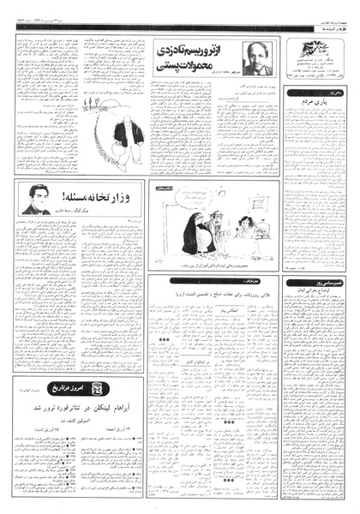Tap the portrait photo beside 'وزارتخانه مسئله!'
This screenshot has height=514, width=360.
(x=35, y=200)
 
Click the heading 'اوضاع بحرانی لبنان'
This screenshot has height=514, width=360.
(x=315, y=295)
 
